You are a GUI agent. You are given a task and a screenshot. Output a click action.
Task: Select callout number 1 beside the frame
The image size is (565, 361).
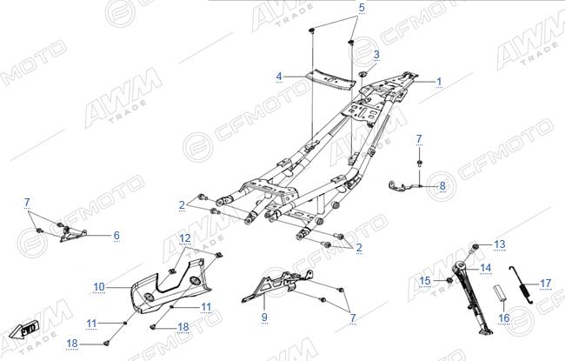439,82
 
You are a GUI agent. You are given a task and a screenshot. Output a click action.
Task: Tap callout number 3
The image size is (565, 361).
376,55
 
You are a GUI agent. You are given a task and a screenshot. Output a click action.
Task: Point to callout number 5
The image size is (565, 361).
362,8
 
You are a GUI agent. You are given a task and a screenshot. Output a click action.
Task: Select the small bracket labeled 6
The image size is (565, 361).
73,234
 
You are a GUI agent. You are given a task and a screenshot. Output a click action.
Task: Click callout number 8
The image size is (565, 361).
442,186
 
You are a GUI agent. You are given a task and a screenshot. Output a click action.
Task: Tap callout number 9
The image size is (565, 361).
264,317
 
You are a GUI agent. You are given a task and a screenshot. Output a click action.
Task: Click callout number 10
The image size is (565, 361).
99,287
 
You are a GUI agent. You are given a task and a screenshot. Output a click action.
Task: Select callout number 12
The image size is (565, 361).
185,238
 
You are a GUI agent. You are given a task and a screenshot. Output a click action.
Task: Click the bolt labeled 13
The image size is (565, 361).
475,247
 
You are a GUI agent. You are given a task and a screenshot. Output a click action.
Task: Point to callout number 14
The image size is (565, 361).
486,268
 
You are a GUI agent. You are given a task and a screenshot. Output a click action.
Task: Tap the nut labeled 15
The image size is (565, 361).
449,280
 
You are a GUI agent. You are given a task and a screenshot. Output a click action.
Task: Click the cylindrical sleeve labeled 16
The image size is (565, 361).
498,292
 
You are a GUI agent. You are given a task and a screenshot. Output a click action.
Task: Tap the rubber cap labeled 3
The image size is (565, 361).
362,74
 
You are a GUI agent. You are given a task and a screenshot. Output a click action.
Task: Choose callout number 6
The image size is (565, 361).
116,236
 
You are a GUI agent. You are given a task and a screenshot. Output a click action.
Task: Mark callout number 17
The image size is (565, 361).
546,284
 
